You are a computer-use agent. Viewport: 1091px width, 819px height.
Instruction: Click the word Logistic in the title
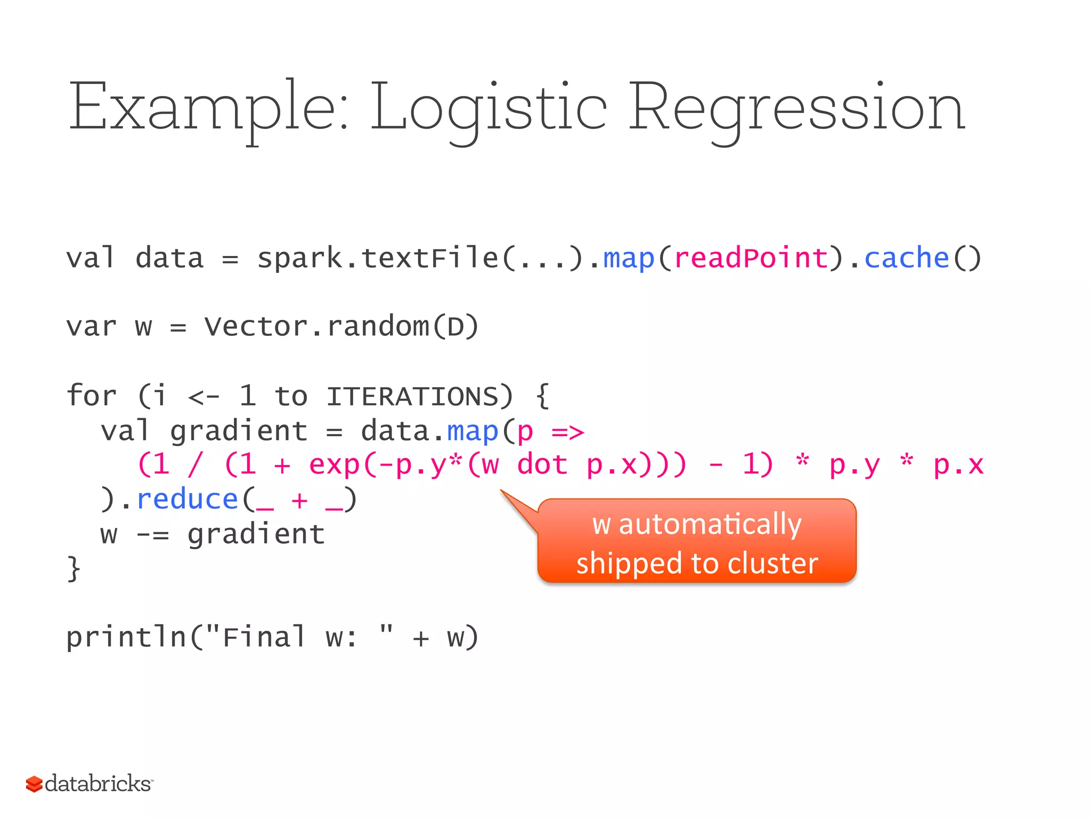[488, 107]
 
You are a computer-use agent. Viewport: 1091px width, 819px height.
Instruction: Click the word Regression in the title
[796, 107]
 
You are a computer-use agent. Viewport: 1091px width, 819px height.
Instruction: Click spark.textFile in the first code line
[377, 258]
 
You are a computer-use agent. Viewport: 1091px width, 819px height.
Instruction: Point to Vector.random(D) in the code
[341, 326]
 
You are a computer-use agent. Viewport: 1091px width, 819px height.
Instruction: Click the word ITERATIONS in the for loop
[412, 396]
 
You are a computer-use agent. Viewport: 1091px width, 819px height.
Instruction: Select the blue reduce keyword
[187, 500]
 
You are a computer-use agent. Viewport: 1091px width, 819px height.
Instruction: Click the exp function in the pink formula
[334, 465]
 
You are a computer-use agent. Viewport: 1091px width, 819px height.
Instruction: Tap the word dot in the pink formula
[542, 464]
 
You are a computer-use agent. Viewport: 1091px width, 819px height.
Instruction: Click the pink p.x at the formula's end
[958, 465]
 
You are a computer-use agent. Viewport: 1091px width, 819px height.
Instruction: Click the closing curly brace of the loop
[74, 568]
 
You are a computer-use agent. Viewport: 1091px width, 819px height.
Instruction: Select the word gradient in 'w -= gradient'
[256, 534]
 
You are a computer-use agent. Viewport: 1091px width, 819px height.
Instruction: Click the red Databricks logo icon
[34, 784]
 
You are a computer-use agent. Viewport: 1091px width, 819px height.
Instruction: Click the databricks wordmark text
[98, 784]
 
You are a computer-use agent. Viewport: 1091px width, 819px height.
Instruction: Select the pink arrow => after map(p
[567, 431]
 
